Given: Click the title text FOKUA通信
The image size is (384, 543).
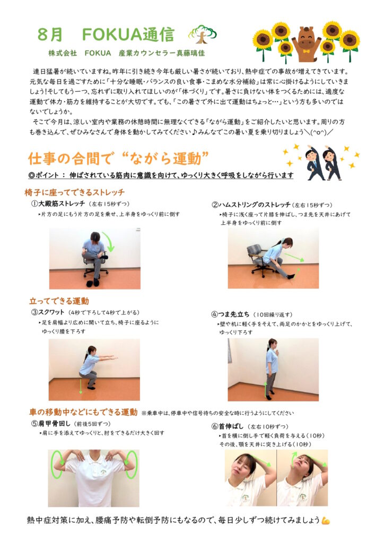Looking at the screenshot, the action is click(128, 34).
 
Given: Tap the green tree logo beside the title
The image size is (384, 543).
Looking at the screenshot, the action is click(203, 34).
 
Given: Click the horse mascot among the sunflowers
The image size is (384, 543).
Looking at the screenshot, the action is click(307, 43).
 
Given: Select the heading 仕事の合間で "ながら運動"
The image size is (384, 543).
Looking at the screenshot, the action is click(118, 159).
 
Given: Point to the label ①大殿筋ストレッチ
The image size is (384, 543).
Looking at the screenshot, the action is click(58, 203).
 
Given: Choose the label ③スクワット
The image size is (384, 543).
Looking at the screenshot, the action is click(48, 312).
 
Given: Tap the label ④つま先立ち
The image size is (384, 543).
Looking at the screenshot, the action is click(230, 314).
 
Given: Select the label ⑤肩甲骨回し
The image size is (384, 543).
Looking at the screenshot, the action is click(51, 423).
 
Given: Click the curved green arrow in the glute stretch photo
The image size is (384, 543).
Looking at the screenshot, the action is click(110, 242).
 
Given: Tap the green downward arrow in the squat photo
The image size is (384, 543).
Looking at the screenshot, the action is click(81, 386).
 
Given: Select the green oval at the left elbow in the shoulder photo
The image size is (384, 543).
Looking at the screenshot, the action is click(57, 463).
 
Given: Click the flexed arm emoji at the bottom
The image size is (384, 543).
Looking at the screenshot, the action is click(326, 520).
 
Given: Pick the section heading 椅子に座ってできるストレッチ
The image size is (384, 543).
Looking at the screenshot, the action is click(74, 192).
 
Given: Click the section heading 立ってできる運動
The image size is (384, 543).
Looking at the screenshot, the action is click(59, 301).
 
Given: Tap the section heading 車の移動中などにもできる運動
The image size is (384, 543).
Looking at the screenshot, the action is click(83, 412).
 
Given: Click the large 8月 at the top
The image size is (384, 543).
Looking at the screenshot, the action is click(50, 34).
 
